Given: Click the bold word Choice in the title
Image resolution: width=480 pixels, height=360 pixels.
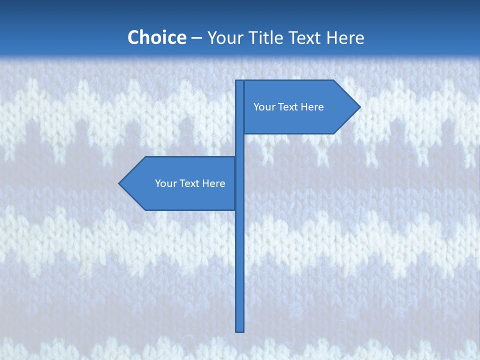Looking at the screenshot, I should (156, 37).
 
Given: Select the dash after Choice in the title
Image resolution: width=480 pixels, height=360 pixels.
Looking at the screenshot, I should (196, 38).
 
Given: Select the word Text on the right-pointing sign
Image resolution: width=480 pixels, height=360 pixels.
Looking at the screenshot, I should (288, 107).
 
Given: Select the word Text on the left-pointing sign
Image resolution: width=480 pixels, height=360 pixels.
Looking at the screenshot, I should (190, 183).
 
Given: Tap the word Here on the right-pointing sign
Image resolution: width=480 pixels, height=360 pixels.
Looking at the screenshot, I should (312, 107).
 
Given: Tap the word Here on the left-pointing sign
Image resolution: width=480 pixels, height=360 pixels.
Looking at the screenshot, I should (213, 183).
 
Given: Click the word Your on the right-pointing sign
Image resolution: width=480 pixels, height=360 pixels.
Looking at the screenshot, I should (264, 107).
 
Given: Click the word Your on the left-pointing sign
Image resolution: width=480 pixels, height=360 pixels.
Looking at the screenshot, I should (166, 183).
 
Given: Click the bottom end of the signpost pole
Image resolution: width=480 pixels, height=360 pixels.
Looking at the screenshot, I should (240, 330).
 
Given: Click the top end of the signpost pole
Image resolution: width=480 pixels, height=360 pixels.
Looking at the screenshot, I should (240, 82).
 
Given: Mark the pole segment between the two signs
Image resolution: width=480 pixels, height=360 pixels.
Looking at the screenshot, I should (240, 145).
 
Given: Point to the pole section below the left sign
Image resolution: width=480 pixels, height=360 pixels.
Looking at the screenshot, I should (240, 270).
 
